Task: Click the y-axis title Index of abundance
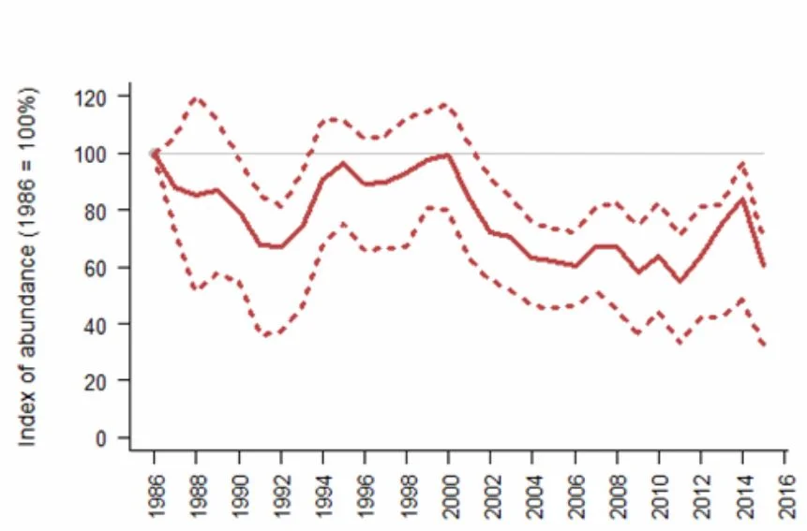[28, 267]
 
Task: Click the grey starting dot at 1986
[155, 154]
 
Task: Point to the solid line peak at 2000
[449, 155]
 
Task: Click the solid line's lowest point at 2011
[680, 281]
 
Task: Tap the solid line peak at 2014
[743, 198]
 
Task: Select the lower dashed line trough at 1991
[266, 335]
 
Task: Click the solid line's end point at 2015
[764, 265]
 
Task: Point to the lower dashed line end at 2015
[764, 344]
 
